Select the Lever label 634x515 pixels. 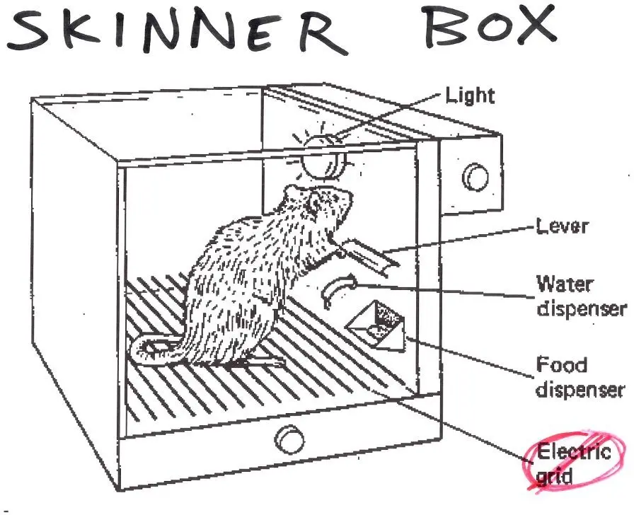click(562, 228)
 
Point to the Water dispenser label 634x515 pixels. click(580, 296)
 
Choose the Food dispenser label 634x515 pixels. click(580, 377)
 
